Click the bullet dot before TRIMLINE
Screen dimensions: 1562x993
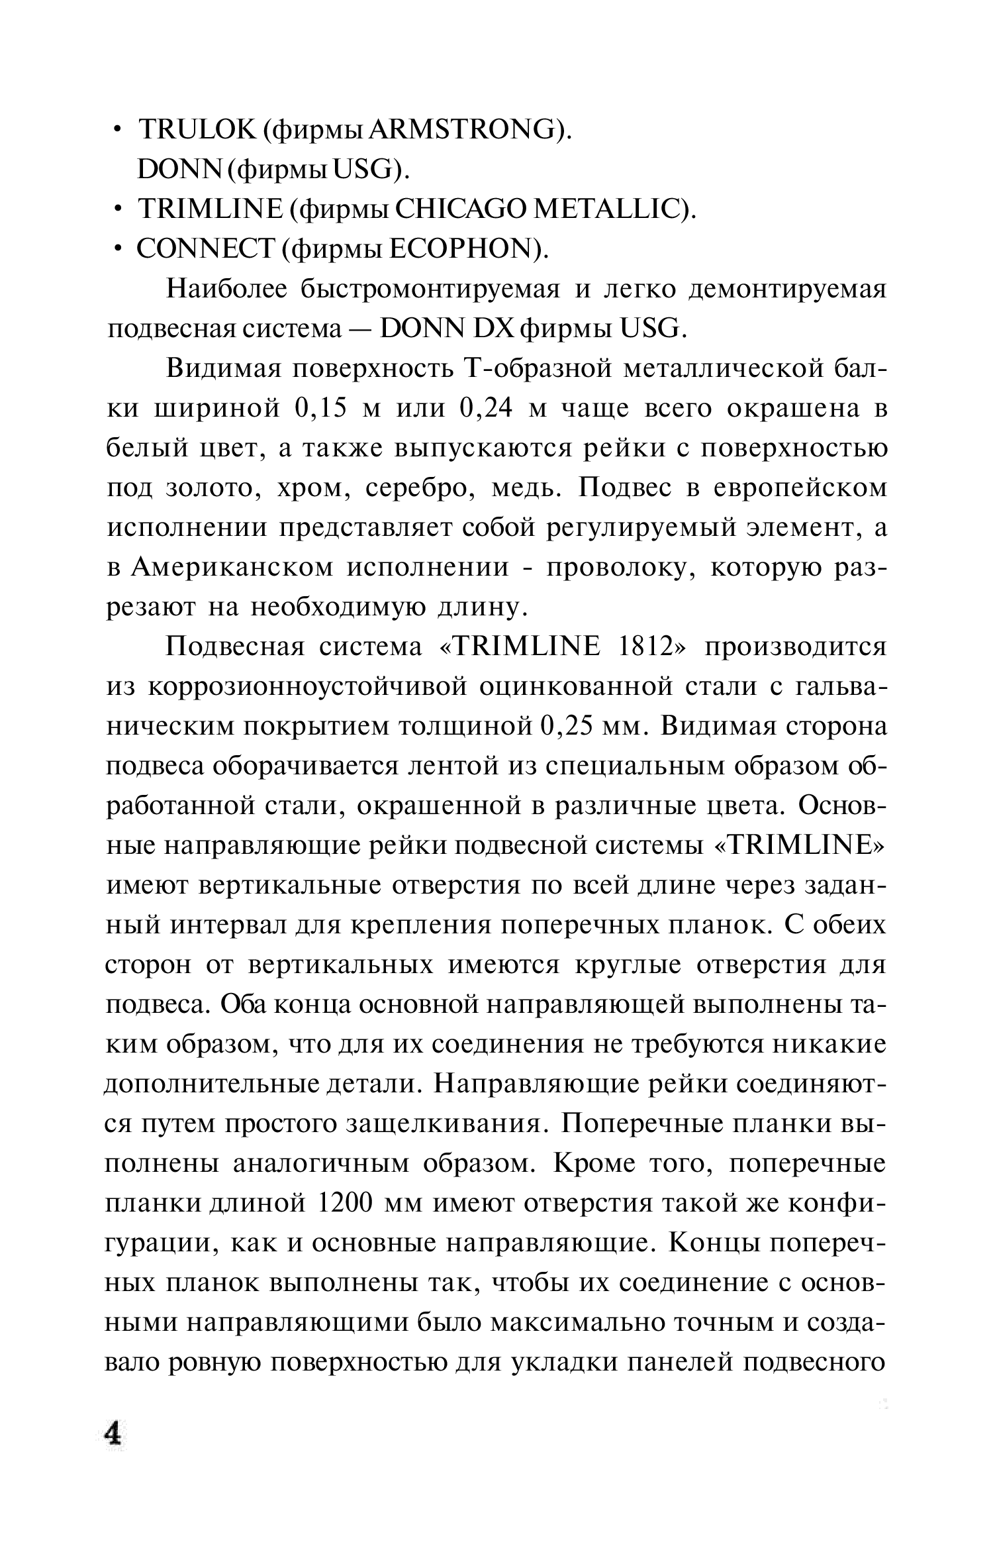point(117,211)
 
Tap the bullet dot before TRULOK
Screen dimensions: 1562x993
point(117,131)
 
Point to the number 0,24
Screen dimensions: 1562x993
point(485,409)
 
